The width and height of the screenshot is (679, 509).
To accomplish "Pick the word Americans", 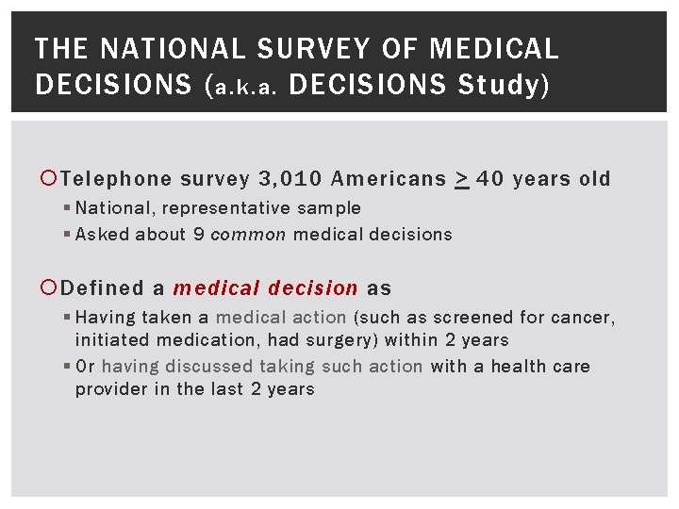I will coord(389,179).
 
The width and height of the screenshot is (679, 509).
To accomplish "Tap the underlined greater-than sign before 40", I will coord(462,179).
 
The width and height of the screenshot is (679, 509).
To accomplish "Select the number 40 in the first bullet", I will coord(491,179).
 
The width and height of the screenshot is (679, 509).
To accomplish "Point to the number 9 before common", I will coord(199,234).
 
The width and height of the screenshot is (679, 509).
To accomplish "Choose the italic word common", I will coord(248,234).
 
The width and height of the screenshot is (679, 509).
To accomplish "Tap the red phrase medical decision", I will coord(265,288).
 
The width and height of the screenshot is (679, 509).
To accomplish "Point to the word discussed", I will coord(208,366).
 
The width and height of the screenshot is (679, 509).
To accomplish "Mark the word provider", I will coord(110,389).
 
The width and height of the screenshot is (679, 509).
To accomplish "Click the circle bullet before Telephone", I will coord(50,179).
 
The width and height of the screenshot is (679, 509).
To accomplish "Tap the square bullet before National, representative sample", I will coord(68,208).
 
